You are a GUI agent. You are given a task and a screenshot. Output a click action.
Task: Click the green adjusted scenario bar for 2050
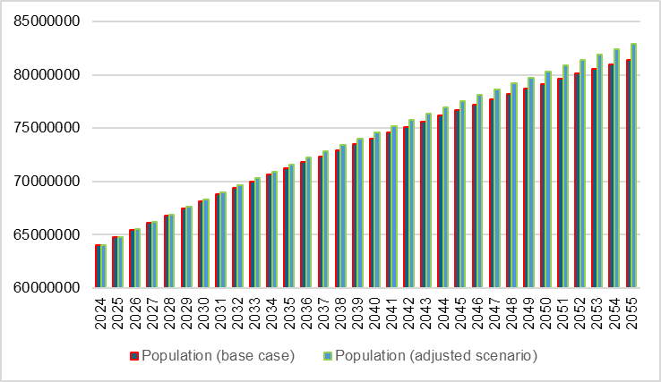coord(548,179)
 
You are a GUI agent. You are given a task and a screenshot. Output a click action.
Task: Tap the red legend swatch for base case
coord(134,356)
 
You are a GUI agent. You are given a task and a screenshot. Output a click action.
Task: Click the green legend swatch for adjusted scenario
coord(328,356)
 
